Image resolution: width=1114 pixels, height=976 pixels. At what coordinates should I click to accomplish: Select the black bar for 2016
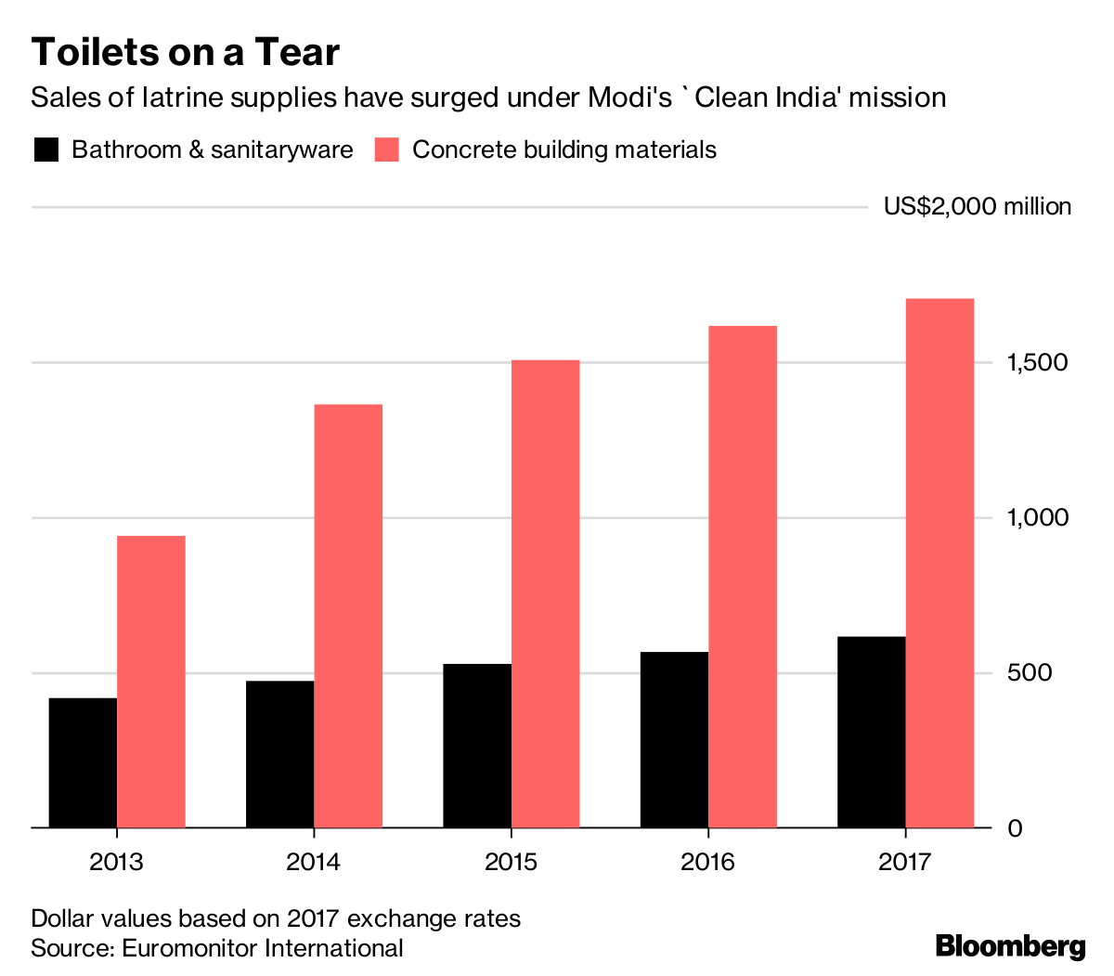(x=674, y=739)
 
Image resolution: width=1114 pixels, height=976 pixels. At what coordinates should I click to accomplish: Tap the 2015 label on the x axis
(x=511, y=863)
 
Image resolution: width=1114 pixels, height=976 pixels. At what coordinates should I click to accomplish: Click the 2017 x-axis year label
(x=904, y=863)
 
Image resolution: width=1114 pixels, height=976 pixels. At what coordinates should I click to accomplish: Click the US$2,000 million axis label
(x=977, y=206)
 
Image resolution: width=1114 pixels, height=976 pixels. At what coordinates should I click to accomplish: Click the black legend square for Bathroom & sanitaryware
(x=46, y=150)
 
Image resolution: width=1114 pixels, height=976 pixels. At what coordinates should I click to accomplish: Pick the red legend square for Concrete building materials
(x=386, y=150)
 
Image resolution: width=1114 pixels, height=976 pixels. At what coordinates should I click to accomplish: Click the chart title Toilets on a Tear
(x=186, y=52)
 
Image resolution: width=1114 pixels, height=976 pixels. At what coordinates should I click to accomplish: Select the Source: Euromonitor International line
(x=217, y=948)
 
